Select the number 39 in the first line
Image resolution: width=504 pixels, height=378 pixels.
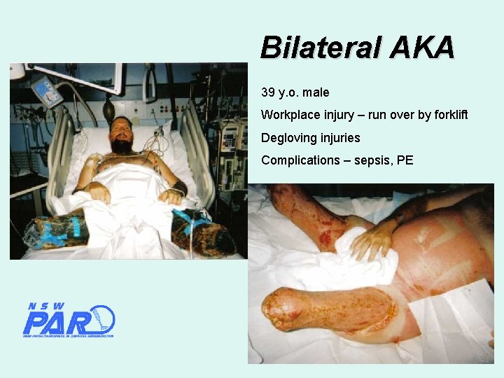268,92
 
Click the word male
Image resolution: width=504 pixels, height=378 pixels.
316,92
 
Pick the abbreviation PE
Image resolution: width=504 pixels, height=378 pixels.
405,160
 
